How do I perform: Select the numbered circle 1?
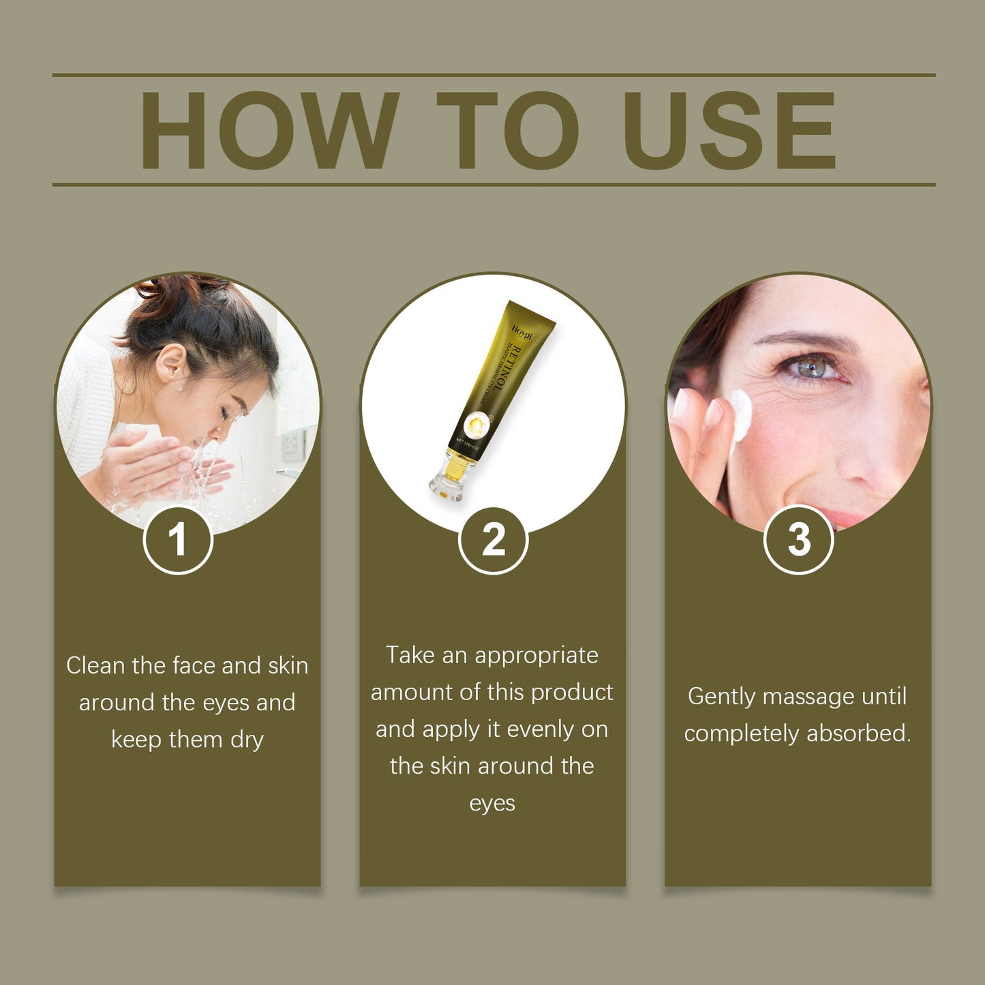click(x=178, y=540)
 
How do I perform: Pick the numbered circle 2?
click(x=493, y=540)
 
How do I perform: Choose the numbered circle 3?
click(x=798, y=540)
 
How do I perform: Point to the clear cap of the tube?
click(x=447, y=478)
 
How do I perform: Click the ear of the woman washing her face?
click(x=170, y=362)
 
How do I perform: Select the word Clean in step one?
click(x=96, y=665)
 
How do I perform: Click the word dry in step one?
click(x=246, y=740)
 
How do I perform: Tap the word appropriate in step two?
click(x=536, y=655)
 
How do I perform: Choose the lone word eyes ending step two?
click(x=492, y=804)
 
